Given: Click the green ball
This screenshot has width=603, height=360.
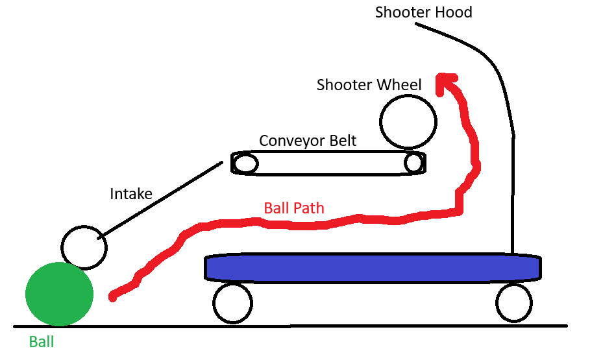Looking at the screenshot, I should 59,294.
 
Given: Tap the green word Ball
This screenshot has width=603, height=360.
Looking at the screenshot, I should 42,342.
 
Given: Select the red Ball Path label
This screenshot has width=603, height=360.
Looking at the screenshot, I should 294,208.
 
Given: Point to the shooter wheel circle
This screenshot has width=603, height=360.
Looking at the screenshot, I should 407,121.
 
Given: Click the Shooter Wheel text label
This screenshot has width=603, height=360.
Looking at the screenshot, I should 369,85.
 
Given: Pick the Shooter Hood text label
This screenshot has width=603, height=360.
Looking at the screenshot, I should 423,12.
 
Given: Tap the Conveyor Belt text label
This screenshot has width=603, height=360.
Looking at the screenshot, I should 308,141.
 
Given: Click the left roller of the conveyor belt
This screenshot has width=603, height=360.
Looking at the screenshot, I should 245,163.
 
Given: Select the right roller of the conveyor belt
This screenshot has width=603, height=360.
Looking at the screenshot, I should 413,162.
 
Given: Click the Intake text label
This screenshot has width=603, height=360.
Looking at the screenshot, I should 131,193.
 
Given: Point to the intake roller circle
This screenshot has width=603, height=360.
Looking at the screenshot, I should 84,247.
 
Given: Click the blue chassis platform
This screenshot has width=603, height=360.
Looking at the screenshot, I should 373,267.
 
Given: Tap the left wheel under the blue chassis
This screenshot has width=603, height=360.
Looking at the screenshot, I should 232,303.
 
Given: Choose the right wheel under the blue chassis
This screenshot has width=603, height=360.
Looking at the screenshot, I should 514,302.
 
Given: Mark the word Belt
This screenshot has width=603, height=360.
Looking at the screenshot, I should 341,141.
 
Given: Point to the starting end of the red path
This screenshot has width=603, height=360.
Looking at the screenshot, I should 113,297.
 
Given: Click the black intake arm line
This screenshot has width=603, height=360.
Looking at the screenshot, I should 162,198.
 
